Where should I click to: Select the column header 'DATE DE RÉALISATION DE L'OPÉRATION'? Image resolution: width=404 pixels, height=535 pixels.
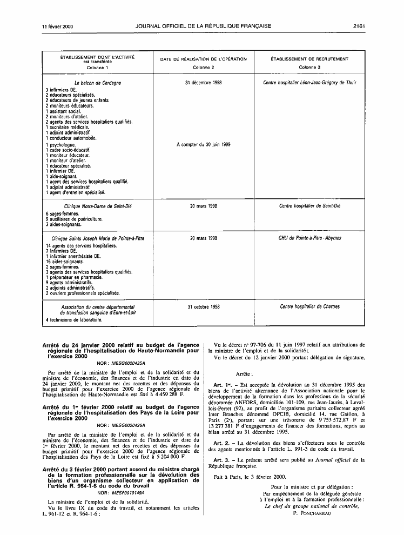203,59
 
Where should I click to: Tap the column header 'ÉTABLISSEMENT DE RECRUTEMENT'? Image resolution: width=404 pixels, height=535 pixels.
309,59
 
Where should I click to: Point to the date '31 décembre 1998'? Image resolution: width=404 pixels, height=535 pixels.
203,83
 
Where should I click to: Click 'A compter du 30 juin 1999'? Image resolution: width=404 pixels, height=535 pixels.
204,144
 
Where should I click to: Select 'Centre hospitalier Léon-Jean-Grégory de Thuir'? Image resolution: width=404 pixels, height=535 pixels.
309,83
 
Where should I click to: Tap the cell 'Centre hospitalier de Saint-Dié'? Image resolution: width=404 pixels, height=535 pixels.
309,206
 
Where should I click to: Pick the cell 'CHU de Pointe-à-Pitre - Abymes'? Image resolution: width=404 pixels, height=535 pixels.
309,238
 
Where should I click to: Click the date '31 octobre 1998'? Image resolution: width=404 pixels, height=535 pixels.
203,306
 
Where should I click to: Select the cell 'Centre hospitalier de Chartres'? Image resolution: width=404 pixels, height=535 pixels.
309,306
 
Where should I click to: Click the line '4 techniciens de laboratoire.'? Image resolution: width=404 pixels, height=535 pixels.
74,319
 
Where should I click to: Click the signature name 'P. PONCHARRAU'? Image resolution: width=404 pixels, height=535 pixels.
313,513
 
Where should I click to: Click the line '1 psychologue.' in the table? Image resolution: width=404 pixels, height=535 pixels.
60,145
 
